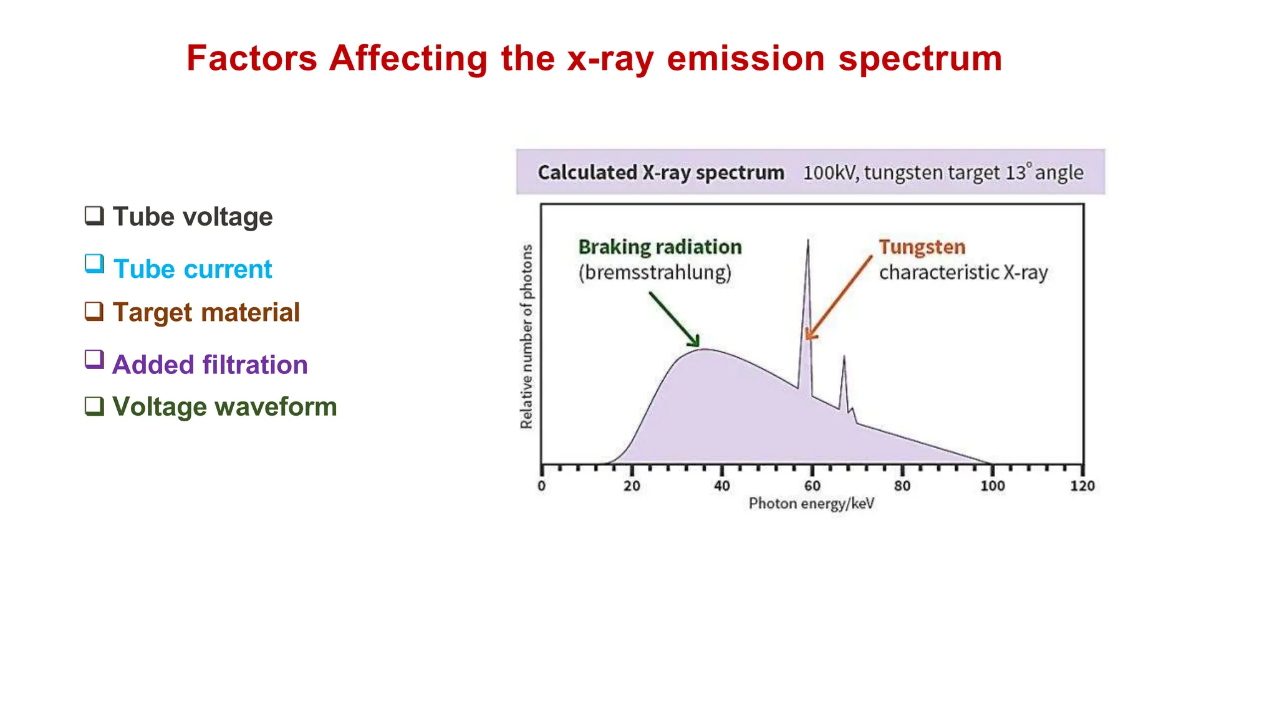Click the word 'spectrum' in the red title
(920, 60)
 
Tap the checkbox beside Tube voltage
(94, 216)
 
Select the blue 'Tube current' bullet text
(193, 269)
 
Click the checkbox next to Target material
(94, 310)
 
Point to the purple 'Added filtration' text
(210, 365)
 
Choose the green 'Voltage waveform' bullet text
(224, 407)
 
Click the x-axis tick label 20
(632, 486)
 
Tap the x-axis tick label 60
(812, 486)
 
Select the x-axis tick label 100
(992, 486)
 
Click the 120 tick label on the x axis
(1082, 486)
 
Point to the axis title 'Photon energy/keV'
(811, 504)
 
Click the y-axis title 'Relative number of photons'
(527, 337)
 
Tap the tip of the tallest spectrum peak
(808, 241)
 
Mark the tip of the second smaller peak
(844, 357)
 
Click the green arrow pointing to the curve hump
(675, 319)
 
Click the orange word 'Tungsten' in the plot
(922, 247)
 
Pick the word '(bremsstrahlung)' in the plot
(655, 273)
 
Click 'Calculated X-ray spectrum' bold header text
(660, 173)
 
